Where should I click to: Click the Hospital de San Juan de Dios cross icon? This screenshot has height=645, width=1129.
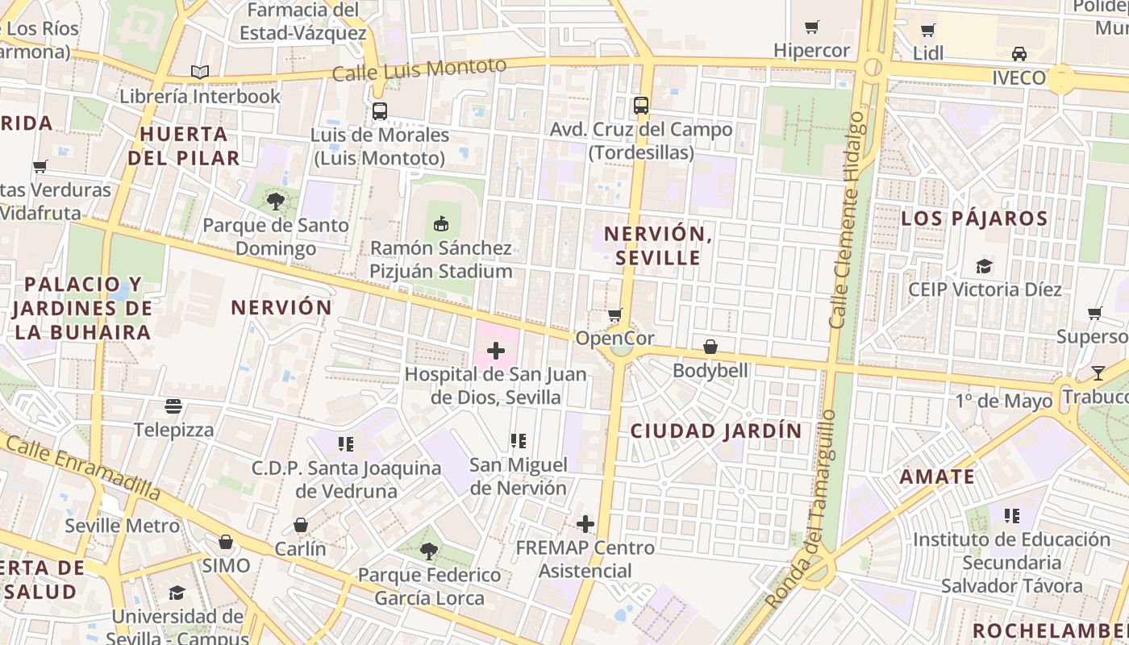click(496, 351)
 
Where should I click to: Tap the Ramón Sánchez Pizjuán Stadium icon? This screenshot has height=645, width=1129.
click(441, 224)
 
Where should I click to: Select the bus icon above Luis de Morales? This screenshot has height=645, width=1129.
click(380, 111)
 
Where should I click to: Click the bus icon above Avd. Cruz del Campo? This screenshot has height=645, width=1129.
click(641, 106)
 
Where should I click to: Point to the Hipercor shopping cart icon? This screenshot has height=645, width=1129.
click(812, 27)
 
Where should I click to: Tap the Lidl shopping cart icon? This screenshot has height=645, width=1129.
click(928, 31)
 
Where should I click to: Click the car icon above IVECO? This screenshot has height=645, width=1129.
click(1019, 54)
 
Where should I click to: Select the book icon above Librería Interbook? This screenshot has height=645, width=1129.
click(200, 73)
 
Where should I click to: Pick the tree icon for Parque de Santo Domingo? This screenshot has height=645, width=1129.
click(276, 202)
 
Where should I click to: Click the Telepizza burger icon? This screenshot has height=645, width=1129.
click(174, 406)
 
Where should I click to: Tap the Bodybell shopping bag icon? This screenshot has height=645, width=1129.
click(710, 347)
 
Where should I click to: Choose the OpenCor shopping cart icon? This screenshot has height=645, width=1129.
click(615, 314)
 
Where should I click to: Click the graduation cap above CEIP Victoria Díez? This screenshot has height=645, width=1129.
click(984, 266)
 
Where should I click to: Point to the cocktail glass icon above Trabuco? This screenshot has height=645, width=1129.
click(1098, 372)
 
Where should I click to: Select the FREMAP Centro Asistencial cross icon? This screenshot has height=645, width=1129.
click(585, 524)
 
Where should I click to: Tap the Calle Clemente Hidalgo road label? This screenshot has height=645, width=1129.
click(847, 219)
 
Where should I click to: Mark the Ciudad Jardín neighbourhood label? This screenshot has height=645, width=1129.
click(716, 431)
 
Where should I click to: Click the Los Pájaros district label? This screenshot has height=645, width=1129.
click(974, 218)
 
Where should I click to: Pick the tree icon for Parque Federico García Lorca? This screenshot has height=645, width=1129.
click(429, 551)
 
